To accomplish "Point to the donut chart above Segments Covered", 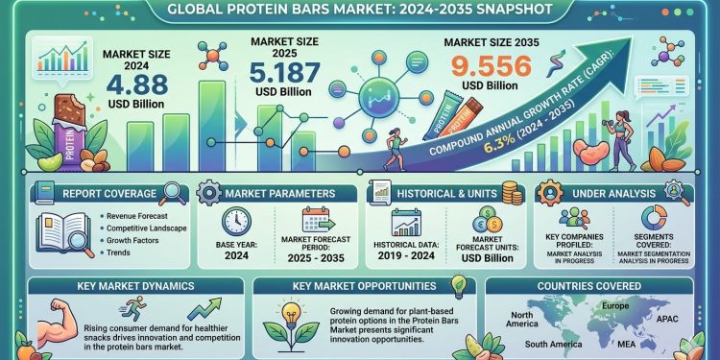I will click(655, 217).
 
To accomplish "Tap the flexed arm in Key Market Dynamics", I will click(49, 320).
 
